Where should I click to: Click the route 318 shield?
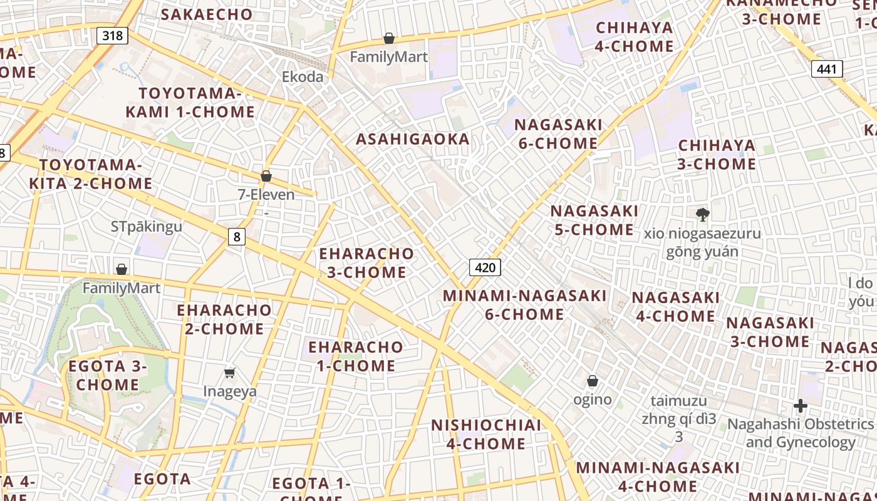coord(113,35)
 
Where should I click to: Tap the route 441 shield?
coord(826,69)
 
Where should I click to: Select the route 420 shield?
coord(485,268)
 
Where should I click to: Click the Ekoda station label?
coord(303,77)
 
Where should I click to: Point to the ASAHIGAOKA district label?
coord(413,139)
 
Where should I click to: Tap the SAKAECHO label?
coord(207,14)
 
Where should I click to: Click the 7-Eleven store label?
coord(266,195)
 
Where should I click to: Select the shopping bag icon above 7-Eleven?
coord(266,176)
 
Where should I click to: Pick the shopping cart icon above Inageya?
coord(230,373)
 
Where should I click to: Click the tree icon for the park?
coord(702,215)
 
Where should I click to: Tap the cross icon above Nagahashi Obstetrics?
coord(800,406)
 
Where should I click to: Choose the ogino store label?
coord(593,399)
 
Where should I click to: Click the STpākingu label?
coord(147,226)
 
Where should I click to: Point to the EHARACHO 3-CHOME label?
coord(366,263)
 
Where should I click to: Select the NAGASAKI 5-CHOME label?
coord(594,220)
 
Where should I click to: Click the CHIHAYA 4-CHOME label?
coord(635,37)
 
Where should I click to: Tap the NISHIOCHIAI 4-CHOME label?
coord(486,434)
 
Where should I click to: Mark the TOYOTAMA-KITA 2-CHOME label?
coord(91,174)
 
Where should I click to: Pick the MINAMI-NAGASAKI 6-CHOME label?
coord(525,304)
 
